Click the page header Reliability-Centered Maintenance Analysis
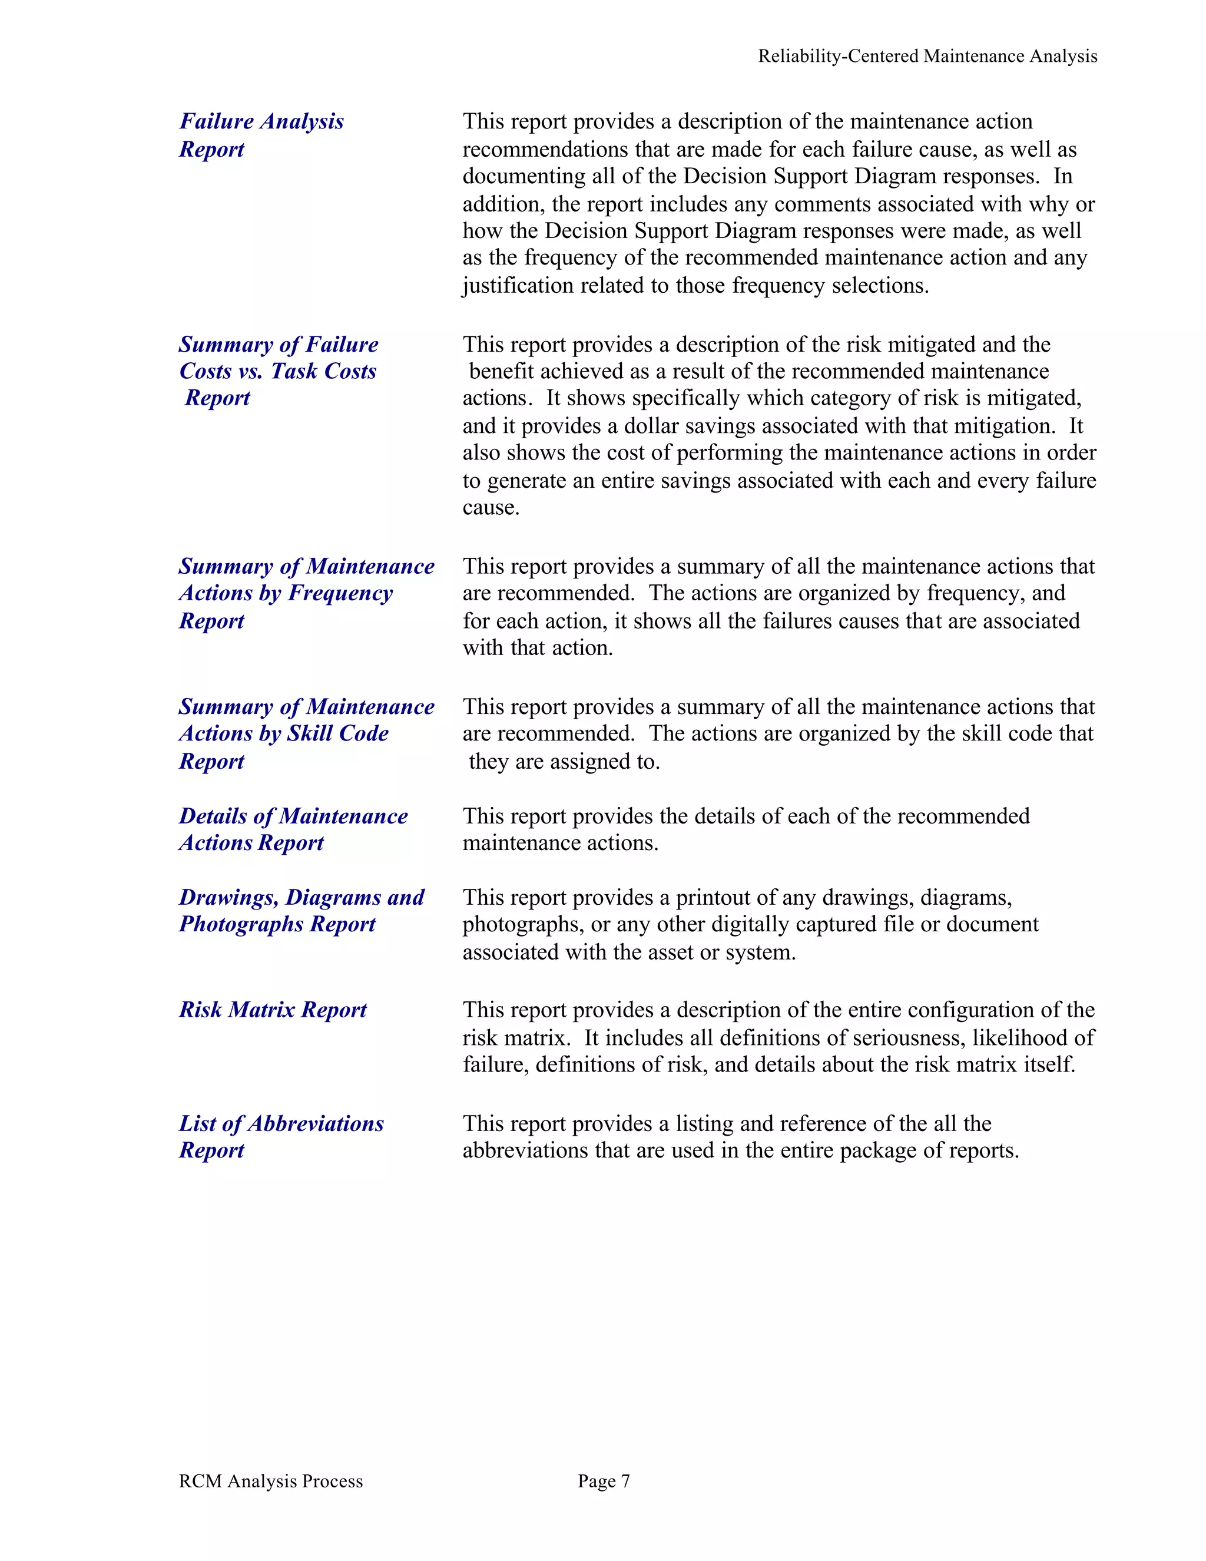click(927, 57)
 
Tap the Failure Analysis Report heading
click(261, 135)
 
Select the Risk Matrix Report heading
click(272, 1009)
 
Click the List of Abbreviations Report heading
click(281, 1136)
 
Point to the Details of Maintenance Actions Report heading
click(293, 829)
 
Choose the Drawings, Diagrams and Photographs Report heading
click(301, 911)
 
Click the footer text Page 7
click(604, 1481)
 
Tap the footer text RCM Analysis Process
click(271, 1481)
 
